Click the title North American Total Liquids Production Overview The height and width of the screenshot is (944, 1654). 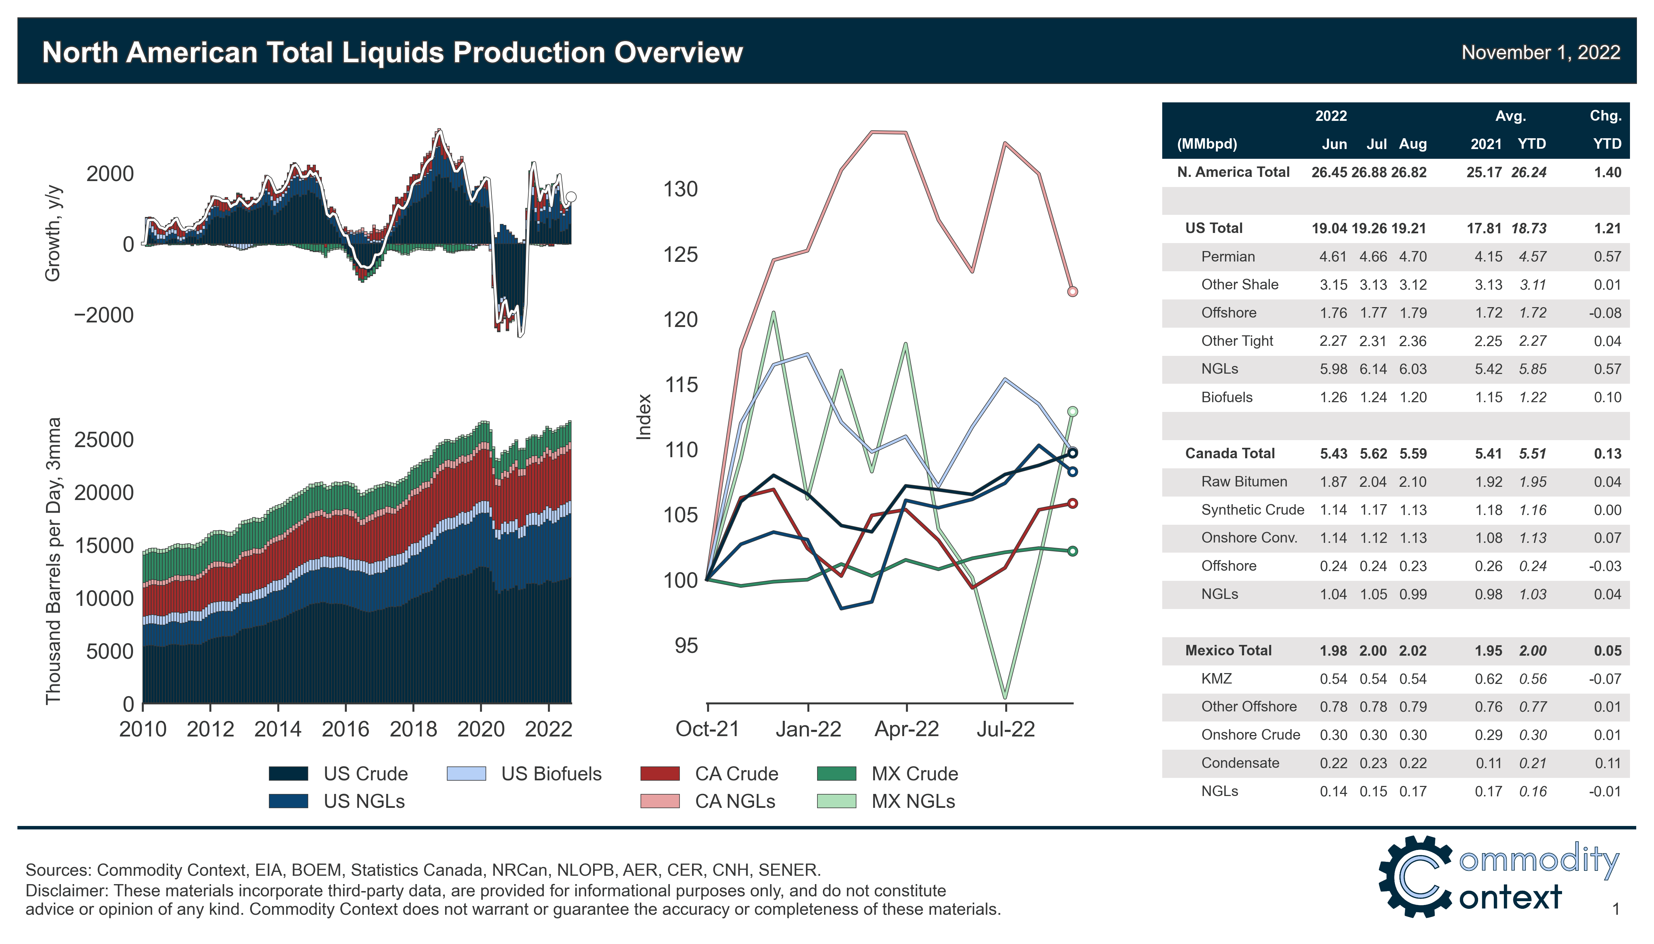[392, 53]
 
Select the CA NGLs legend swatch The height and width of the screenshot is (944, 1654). [659, 801]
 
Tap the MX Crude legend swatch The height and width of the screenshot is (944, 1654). [836, 773]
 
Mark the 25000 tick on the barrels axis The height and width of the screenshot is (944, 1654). [104, 439]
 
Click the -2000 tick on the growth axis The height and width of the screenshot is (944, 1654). [104, 315]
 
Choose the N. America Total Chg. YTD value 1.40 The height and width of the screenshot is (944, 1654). [1607, 172]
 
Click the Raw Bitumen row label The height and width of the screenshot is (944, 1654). [1244, 482]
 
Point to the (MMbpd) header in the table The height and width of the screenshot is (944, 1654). [1206, 144]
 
